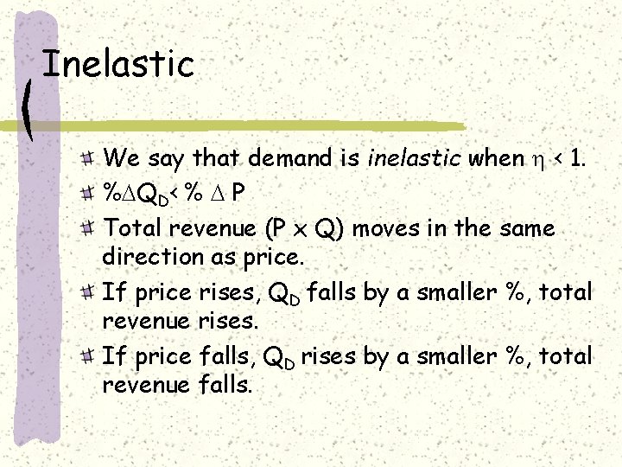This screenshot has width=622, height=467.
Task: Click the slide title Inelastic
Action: pyautogui.click(x=118, y=65)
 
